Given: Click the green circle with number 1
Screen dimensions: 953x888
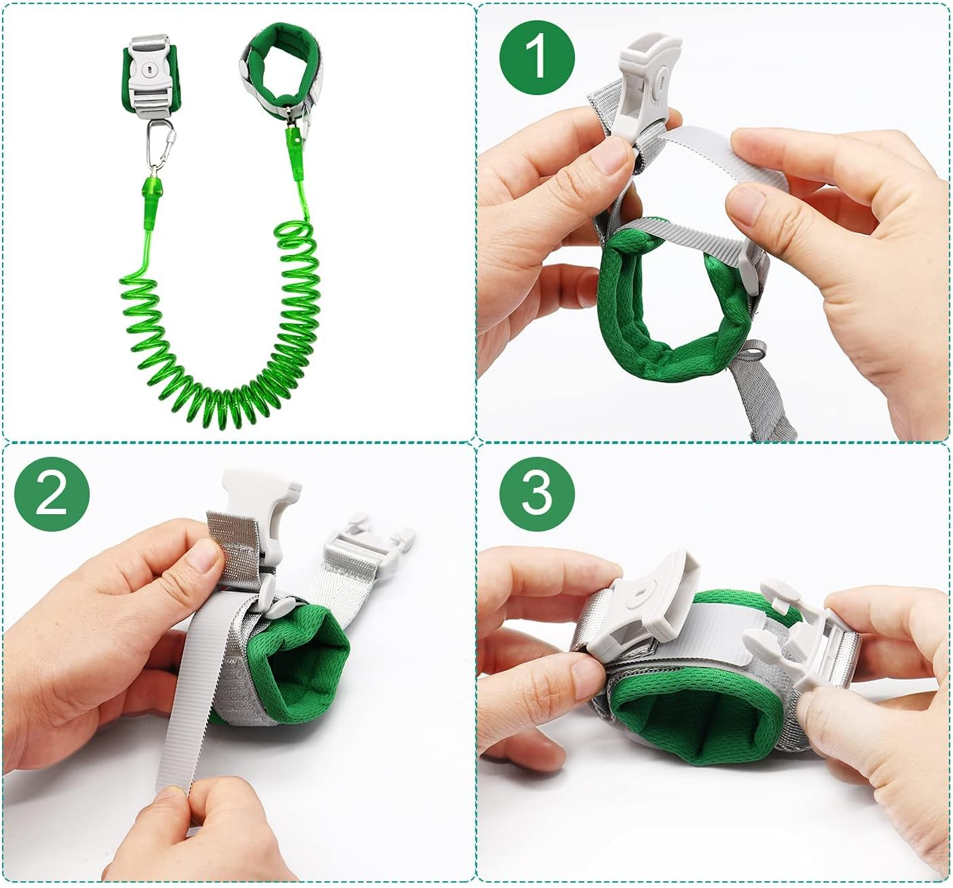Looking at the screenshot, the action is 537,57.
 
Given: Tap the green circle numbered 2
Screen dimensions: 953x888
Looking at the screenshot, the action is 52,494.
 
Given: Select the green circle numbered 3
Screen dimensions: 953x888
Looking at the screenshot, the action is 537,494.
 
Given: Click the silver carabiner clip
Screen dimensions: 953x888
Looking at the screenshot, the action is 161,144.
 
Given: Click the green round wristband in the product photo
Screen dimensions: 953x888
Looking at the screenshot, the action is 281,71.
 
